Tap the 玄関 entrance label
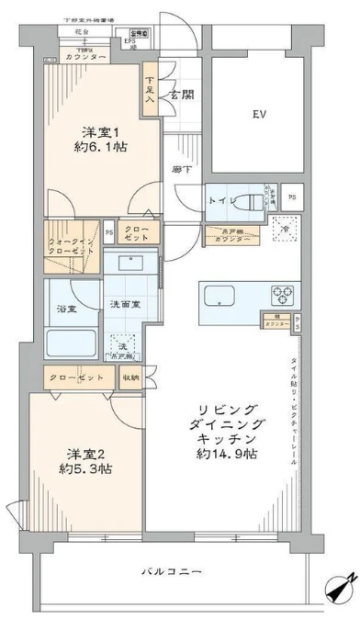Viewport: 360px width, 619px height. [180, 95]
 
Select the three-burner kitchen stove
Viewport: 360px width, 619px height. [283, 296]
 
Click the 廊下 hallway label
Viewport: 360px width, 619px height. [181, 171]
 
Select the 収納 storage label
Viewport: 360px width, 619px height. [131, 377]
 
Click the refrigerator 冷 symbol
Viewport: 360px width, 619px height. [285, 229]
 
